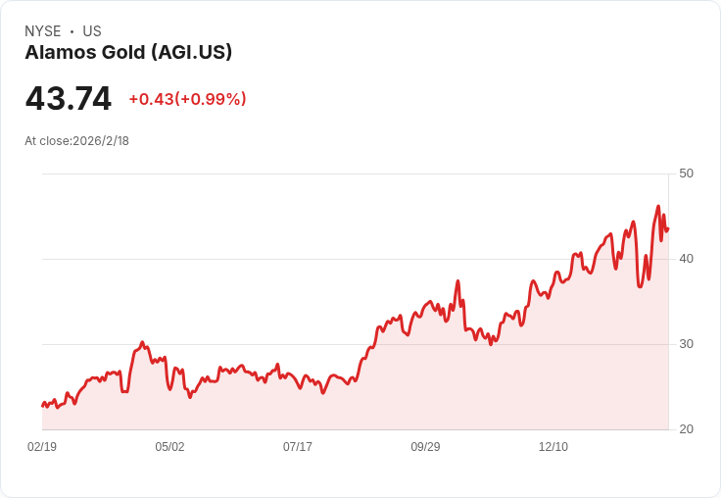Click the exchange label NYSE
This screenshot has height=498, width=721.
click(43, 31)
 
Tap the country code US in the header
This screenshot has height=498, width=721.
click(92, 31)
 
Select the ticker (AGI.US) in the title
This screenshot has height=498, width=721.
click(192, 53)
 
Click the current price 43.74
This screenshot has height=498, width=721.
click(68, 98)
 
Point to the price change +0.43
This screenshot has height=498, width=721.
click(151, 99)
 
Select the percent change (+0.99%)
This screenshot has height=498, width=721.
click(211, 99)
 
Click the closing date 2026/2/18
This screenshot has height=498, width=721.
click(101, 141)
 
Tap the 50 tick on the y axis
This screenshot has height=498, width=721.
click(686, 174)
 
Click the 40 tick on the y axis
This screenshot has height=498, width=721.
click(686, 259)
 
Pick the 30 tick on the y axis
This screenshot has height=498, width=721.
click(686, 344)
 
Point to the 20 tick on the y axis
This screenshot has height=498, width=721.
click(686, 429)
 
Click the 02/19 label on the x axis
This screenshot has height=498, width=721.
click(42, 446)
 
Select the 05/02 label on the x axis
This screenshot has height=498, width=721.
click(169, 446)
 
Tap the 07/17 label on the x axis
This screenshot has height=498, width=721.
click(298, 446)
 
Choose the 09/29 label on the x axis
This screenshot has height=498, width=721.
click(425, 446)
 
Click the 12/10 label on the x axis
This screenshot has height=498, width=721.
click(553, 446)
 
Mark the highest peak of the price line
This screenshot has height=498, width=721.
click(658, 206)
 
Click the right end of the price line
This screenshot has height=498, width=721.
click(668, 228)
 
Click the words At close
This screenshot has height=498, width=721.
click(47, 141)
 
